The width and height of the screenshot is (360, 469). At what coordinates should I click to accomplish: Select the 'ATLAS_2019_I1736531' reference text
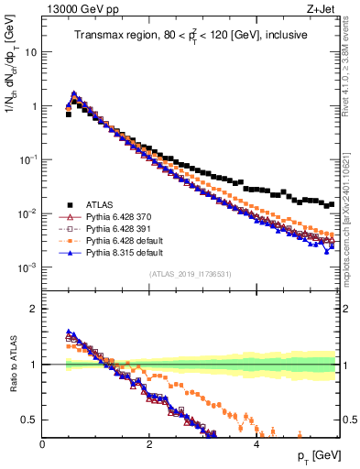191,274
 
